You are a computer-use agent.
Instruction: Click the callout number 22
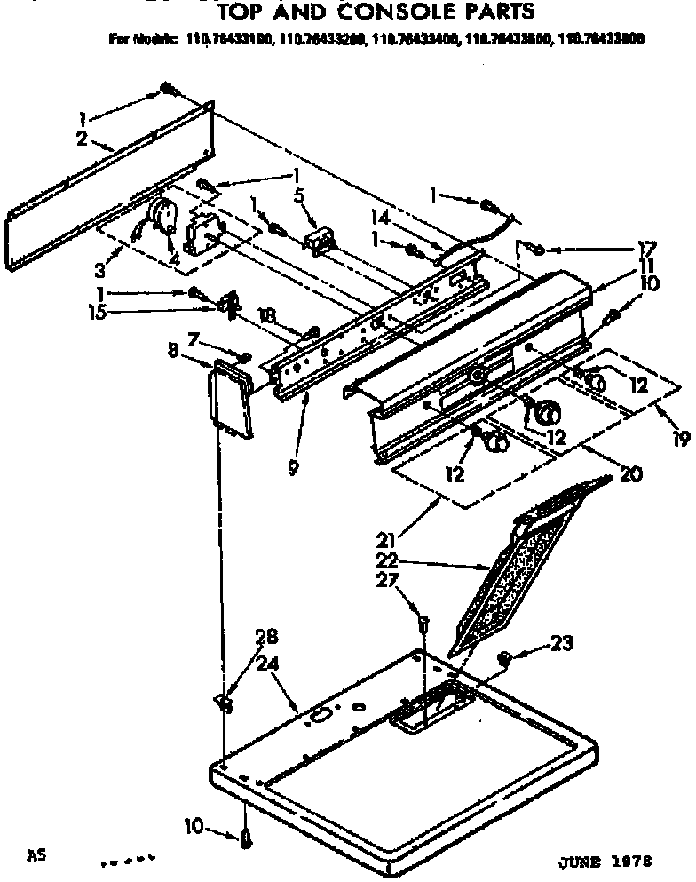(x=387, y=560)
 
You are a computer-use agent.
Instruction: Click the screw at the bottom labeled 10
(x=246, y=836)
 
